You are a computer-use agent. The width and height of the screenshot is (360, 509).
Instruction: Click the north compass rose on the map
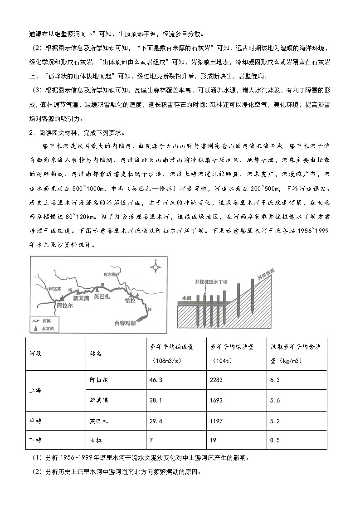pos(156,266)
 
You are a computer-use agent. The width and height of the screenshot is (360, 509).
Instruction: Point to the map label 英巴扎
pos(102,297)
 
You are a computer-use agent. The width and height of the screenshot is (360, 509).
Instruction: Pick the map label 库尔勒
pos(111,275)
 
